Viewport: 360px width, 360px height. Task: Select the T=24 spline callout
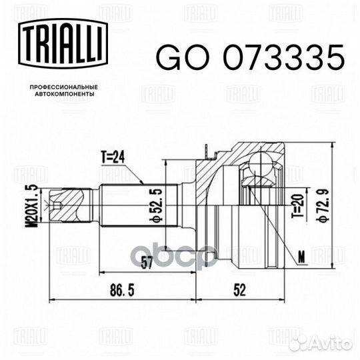pos(113,158)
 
